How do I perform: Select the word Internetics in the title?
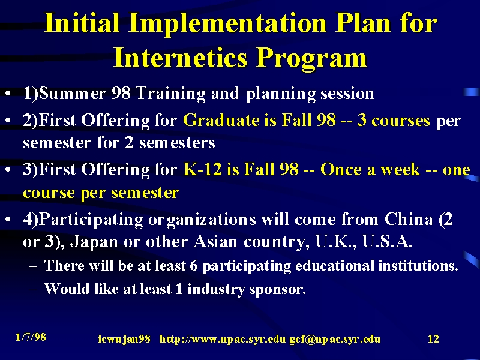(180, 58)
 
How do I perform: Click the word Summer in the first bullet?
(73, 93)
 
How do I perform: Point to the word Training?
(170, 94)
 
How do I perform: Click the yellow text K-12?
(202, 169)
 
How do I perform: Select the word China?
(409, 219)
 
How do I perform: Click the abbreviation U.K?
(335, 242)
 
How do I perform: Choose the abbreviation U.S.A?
(386, 242)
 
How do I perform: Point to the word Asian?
(215, 242)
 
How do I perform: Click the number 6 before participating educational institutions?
(193, 266)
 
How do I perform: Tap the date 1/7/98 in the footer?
(31, 337)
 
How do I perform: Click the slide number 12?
(433, 339)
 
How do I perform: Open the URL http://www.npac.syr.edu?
(223, 340)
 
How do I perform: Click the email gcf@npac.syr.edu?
(335, 340)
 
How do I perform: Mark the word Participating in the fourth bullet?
(91, 220)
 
